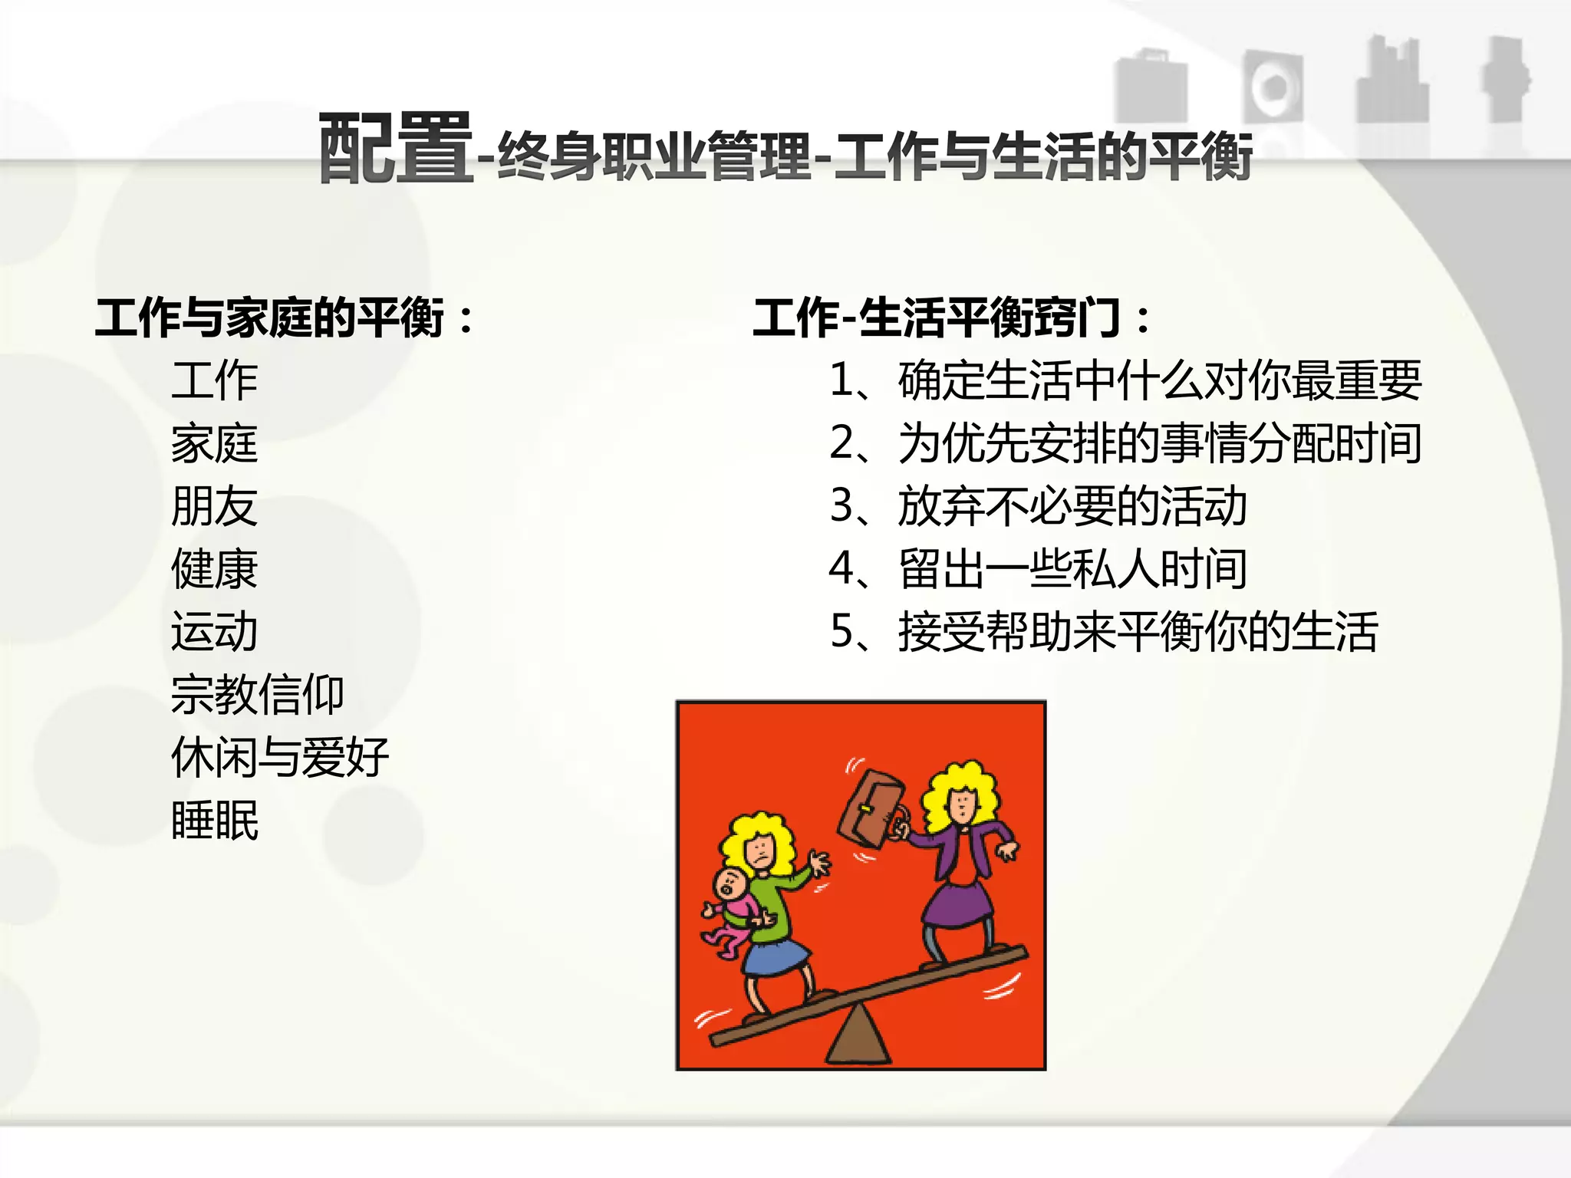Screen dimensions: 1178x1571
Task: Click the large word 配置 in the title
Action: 395,149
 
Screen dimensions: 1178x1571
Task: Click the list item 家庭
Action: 215,443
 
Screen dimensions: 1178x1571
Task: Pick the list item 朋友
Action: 215,506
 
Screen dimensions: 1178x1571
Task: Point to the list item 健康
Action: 215,569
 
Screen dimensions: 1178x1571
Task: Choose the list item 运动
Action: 215,632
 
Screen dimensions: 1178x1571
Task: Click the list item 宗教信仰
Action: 258,695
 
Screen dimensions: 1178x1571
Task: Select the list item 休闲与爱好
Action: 280,758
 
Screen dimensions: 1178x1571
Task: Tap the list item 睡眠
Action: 215,821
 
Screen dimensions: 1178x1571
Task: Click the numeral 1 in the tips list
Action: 842,380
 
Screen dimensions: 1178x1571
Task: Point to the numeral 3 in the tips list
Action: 842,506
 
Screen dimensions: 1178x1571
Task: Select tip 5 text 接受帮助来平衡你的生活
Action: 1138,632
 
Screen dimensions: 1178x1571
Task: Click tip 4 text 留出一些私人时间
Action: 1072,569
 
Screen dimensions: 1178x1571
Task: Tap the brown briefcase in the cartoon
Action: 870,810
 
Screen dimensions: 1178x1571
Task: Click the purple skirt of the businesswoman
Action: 959,905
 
